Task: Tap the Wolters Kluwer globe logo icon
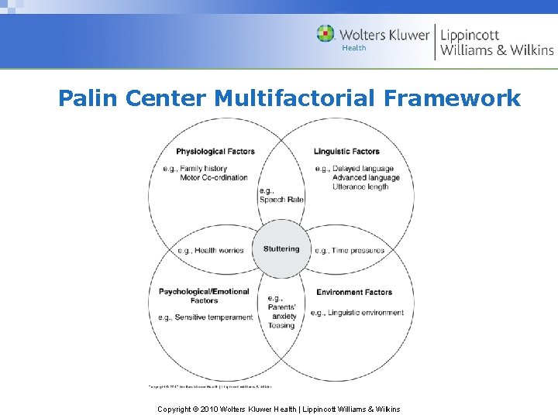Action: [325, 34]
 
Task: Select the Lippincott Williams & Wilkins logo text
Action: [497, 43]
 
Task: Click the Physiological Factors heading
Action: [215, 151]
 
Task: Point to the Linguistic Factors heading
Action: [346, 151]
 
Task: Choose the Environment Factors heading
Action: [354, 292]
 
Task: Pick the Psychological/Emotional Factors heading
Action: [204, 296]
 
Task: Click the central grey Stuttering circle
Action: [281, 249]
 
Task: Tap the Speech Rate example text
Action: [281, 199]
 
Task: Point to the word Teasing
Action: [281, 325]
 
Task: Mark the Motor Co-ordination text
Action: [214, 177]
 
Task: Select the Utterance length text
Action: [360, 187]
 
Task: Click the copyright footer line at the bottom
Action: [279, 409]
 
